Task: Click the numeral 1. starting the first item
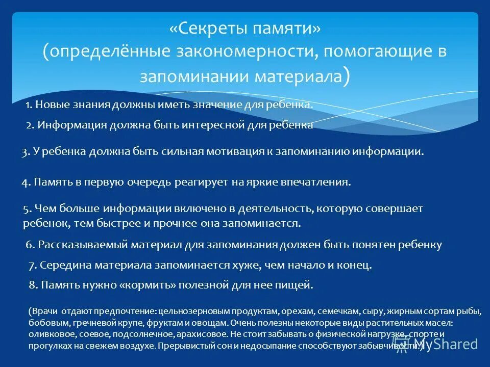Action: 29,105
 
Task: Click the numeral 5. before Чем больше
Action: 28,208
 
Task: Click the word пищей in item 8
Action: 299,285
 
